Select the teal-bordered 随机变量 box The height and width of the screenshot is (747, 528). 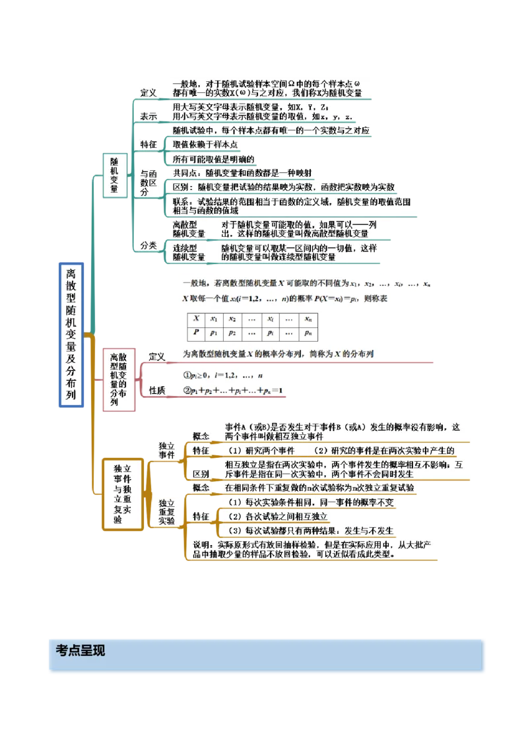(114, 175)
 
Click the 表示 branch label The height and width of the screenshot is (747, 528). (148, 115)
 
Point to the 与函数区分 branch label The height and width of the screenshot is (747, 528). (148, 182)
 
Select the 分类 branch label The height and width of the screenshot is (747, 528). (148, 245)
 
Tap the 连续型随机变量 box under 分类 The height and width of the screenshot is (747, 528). (189, 252)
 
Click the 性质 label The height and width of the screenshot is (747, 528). (157, 390)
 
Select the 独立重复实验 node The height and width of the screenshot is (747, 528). (166, 506)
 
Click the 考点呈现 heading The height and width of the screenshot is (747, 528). (81, 650)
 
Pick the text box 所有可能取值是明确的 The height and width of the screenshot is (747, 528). (213, 159)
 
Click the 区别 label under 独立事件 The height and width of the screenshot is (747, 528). (201, 474)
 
